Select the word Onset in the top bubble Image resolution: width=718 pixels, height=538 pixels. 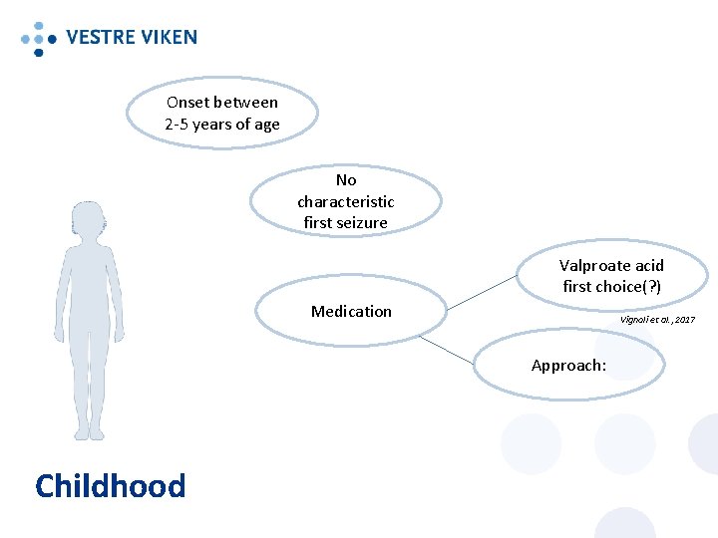188,103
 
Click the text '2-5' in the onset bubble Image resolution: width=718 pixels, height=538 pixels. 176,125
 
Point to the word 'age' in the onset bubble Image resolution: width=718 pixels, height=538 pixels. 267,126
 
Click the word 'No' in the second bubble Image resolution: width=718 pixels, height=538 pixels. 346,180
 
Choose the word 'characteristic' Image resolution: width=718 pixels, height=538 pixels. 346,201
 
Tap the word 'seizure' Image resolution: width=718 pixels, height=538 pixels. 361,223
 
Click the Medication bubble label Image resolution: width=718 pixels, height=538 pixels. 351,312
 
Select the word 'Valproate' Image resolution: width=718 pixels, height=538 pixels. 595,266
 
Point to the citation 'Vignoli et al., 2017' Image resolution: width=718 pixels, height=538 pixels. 657,319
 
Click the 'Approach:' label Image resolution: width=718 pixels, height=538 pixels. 568,366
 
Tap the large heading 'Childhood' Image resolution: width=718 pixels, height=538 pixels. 110,486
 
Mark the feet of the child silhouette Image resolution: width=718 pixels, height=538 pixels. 90,431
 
